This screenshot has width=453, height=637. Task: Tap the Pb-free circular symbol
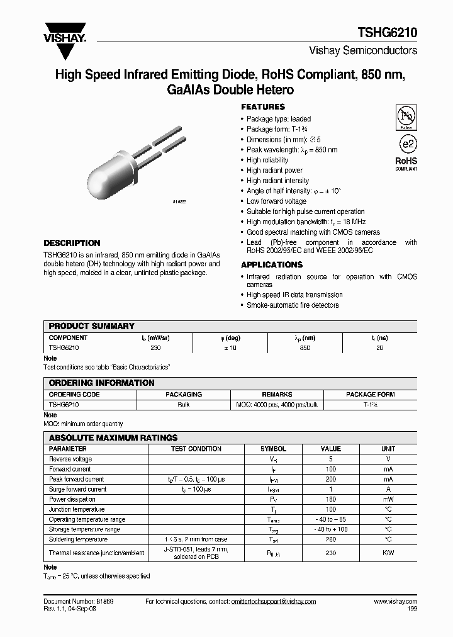pyautogui.click(x=406, y=116)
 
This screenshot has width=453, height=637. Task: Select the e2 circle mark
pyautogui.click(x=407, y=144)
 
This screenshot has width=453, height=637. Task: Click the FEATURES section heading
pyautogui.click(x=263, y=107)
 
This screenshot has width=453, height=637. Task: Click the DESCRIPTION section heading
pyautogui.click(x=72, y=243)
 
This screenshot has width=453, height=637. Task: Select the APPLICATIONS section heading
pyautogui.click(x=272, y=265)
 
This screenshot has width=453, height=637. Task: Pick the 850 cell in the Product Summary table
pyautogui.click(x=305, y=347)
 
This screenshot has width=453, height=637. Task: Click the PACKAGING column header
pyautogui.click(x=184, y=395)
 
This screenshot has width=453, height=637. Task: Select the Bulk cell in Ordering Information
pyautogui.click(x=184, y=405)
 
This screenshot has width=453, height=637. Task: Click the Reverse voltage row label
pyautogui.click(x=70, y=459)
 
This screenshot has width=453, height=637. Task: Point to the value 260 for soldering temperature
pyautogui.click(x=331, y=539)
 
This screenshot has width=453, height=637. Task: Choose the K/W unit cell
pyautogui.click(x=388, y=553)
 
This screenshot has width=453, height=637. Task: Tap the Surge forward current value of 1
pyautogui.click(x=331, y=489)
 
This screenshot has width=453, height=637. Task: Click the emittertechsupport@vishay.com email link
pyautogui.click(x=273, y=602)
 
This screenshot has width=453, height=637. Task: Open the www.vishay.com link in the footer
pyautogui.click(x=395, y=602)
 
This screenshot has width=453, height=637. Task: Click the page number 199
pyautogui.click(x=411, y=610)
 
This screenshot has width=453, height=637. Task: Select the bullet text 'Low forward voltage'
pyautogui.click(x=276, y=201)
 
